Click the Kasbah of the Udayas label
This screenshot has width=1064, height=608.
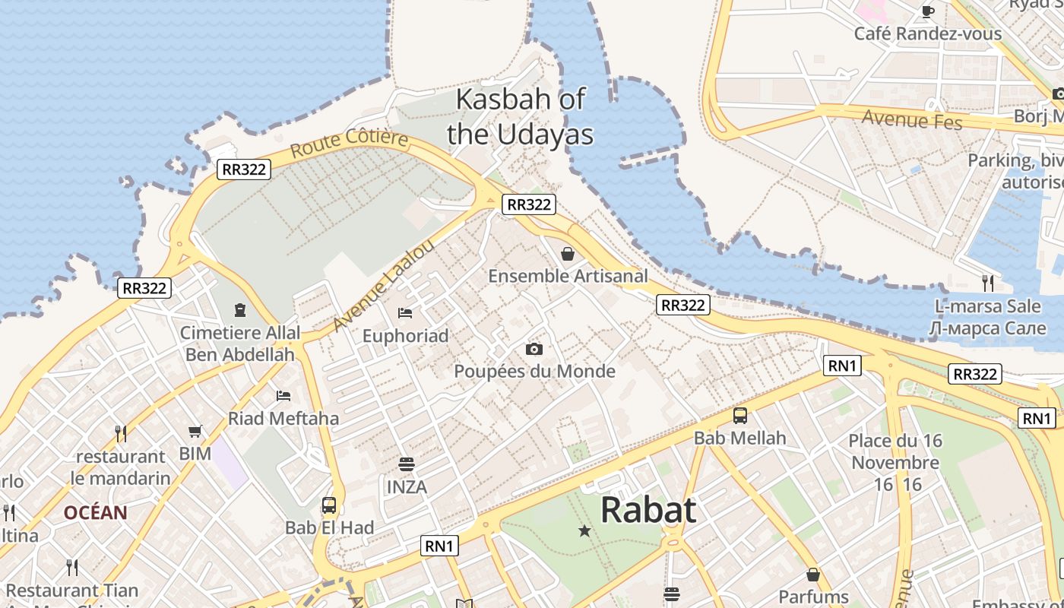pyautogui.click(x=521, y=116)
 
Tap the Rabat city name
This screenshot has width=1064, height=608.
pyautogui.click(x=648, y=510)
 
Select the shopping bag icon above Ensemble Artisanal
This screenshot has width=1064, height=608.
pyautogui.click(x=567, y=254)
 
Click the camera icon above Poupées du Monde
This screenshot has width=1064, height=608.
pyautogui.click(x=534, y=349)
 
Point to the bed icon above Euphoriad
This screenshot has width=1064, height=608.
pyautogui.click(x=405, y=313)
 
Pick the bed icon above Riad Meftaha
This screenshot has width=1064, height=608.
pyautogui.click(x=283, y=395)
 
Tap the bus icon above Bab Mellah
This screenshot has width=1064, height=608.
pyautogui.click(x=739, y=416)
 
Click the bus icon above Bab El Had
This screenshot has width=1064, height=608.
pyautogui.click(x=329, y=505)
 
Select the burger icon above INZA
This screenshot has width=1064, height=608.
pyautogui.click(x=407, y=464)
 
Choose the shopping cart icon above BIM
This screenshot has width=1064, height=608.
pyautogui.click(x=195, y=432)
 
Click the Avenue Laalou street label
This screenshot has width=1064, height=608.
pyautogui.click(x=384, y=286)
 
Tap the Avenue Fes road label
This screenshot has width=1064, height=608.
pyautogui.click(x=912, y=119)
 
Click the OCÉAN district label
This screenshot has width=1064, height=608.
pyautogui.click(x=95, y=512)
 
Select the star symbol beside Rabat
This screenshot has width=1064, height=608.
pyautogui.click(x=584, y=530)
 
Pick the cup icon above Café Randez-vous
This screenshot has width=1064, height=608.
pyautogui.click(x=927, y=11)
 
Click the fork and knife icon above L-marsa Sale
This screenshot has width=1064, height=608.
pyautogui.click(x=987, y=283)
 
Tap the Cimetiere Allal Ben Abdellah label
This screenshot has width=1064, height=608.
pyautogui.click(x=240, y=344)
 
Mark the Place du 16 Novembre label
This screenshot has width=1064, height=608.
pyautogui.click(x=895, y=451)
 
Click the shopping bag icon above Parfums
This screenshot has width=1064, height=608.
pyautogui.click(x=813, y=575)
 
